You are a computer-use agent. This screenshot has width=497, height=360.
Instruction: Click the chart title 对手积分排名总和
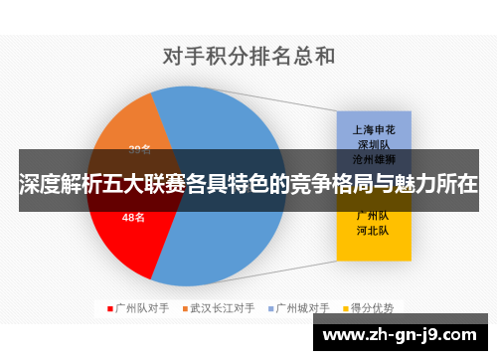point(248,57)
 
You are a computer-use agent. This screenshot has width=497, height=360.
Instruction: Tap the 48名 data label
point(133,217)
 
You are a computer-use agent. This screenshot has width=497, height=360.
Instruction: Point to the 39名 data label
point(140,151)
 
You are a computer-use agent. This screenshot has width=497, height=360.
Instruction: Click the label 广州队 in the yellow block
point(373,215)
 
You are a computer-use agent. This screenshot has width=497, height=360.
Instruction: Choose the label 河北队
point(373,231)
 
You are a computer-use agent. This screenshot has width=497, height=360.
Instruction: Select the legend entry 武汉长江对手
point(223,307)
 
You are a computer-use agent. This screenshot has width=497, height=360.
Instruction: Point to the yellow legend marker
point(347,307)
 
